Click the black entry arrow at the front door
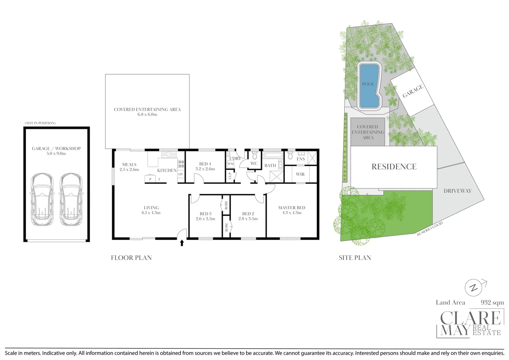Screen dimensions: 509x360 182,243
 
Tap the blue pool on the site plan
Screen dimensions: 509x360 369,86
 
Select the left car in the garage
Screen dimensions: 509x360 42,200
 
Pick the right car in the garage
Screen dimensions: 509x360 71,200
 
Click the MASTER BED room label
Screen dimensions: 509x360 291,208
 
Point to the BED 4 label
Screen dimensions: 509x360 205,164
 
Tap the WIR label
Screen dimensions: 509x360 300,174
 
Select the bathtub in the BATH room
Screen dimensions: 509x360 273,155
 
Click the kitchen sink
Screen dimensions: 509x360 169,155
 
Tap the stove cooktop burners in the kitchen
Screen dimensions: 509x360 181,164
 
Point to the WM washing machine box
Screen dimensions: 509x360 231,164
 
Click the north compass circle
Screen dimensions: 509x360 474,287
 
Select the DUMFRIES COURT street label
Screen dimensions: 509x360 430,229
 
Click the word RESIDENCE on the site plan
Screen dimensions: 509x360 394,166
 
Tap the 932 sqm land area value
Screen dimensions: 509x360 492,302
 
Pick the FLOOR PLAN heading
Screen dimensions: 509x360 131,258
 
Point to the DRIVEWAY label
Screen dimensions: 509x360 457,191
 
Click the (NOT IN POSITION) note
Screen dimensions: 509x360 40,123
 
